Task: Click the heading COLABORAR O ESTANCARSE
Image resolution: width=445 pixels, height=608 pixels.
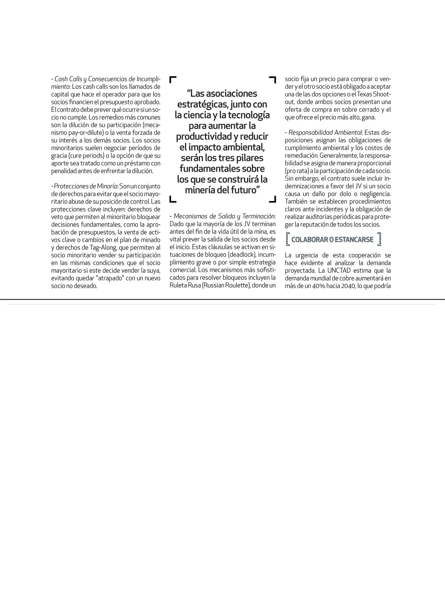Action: [332, 239]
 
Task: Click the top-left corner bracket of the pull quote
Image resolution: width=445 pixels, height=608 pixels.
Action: [172, 79]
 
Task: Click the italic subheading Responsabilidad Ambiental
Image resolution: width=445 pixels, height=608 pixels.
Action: [325, 132]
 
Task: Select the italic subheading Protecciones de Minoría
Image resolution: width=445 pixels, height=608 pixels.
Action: [86, 186]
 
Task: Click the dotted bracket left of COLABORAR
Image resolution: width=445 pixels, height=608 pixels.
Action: [288, 239]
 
